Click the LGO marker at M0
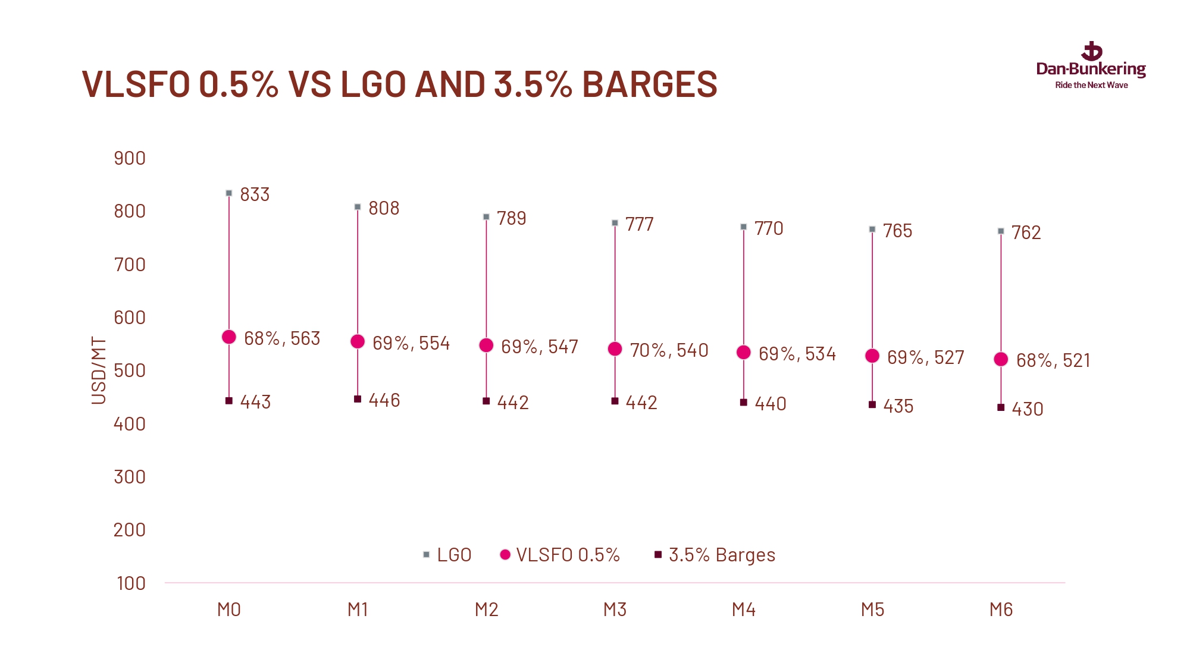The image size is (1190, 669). [x=229, y=193]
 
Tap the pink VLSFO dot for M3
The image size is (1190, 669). [x=615, y=349]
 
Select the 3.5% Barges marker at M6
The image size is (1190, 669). [x=1001, y=407]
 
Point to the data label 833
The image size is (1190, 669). [x=255, y=194]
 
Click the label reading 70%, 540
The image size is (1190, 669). [x=669, y=350]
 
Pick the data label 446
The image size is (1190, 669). [x=384, y=400]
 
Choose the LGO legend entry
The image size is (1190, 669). [x=447, y=555]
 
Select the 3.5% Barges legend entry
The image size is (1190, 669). [x=715, y=555]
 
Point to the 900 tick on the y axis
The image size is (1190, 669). [x=130, y=158]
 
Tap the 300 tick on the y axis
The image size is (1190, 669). [x=130, y=477]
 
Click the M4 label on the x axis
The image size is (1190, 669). [x=744, y=610]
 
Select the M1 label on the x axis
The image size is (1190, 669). [x=358, y=610]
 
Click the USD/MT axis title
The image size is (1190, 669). [x=99, y=370]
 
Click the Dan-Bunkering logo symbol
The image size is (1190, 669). [x=1091, y=52]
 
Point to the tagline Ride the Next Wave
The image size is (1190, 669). [x=1091, y=85]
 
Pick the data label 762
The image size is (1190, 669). [x=1026, y=233]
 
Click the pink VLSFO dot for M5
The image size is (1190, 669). [x=872, y=356]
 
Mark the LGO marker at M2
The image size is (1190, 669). [x=486, y=217]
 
